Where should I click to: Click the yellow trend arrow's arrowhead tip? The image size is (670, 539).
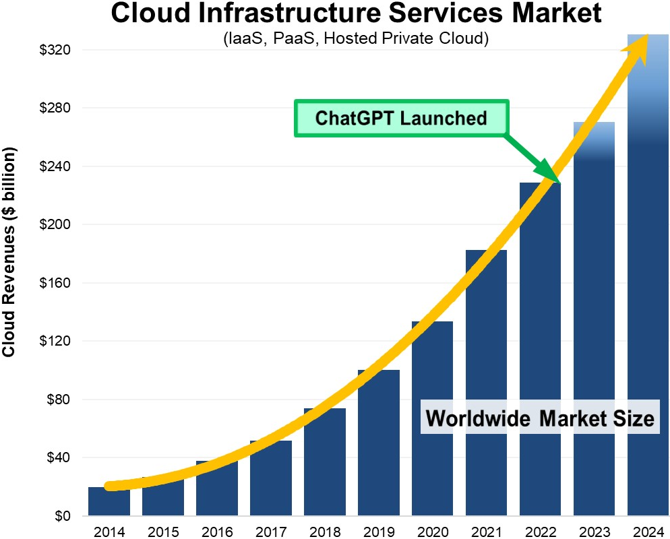pos(646,37)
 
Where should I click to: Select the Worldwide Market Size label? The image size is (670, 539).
pos(540,418)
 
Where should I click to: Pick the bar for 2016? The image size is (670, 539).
pos(216,488)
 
